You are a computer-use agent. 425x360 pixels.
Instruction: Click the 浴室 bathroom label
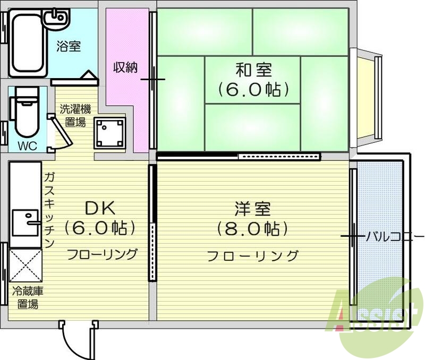tap(69, 46)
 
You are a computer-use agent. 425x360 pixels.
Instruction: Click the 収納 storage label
tap(125, 67)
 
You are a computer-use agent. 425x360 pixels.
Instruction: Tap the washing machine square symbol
tap(109, 133)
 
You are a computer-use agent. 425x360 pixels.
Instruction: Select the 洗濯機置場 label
tap(74, 116)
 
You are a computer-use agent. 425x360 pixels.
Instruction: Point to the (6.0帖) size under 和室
tap(253, 89)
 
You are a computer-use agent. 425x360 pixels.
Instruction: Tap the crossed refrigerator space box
tap(25, 265)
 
